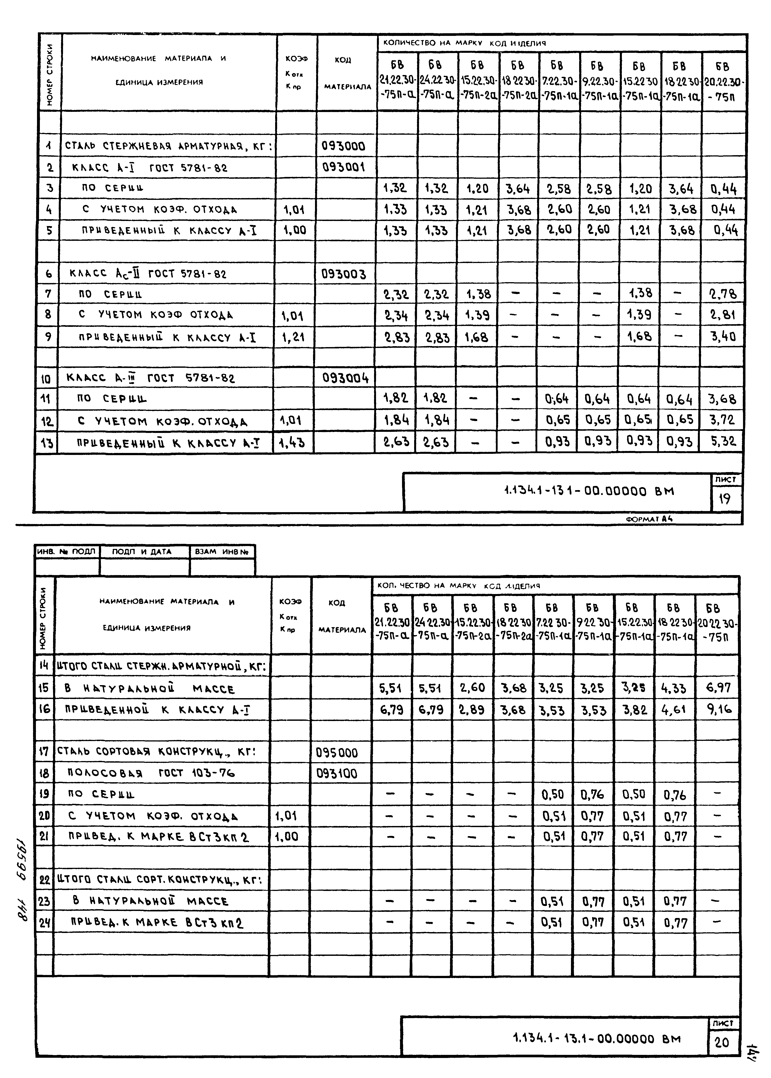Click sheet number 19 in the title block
coord(725,499)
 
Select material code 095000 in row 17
coord(337,753)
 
